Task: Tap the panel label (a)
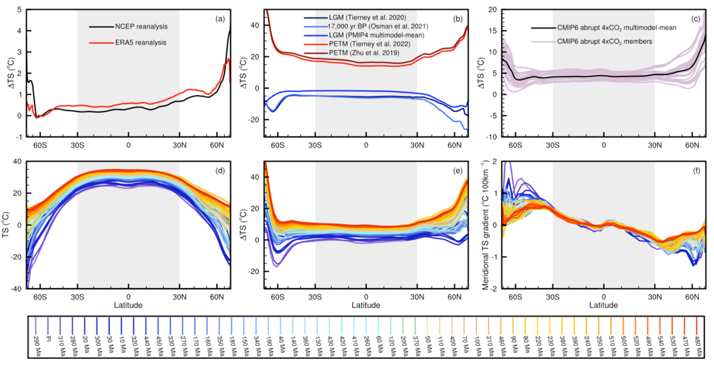pyautogui.click(x=220, y=19)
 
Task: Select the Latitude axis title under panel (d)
pyautogui.click(x=129, y=305)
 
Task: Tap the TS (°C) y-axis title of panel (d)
pyautogui.click(x=7, y=225)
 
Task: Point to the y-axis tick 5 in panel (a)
pyautogui.click(x=20, y=9)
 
